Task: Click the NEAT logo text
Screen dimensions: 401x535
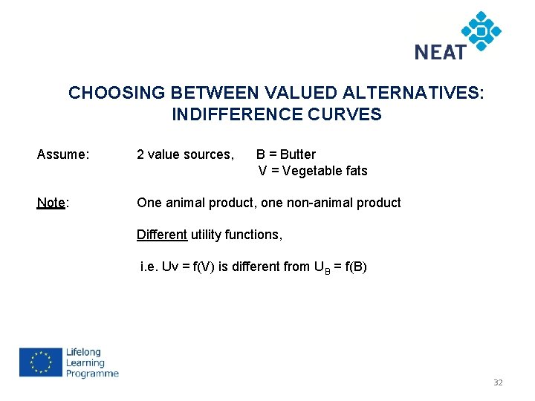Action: point(441,52)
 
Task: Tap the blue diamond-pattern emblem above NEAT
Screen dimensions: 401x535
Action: point(481,30)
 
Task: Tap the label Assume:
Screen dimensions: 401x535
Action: point(63,154)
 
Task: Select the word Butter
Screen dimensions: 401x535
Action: point(297,154)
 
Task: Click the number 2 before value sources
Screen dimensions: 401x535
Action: point(140,154)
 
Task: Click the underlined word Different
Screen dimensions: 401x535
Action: point(161,235)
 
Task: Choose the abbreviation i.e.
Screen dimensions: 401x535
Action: point(149,267)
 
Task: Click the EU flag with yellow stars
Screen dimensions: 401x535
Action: point(40,363)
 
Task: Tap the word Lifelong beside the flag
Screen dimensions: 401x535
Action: point(83,353)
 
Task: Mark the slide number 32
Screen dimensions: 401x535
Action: point(498,382)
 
